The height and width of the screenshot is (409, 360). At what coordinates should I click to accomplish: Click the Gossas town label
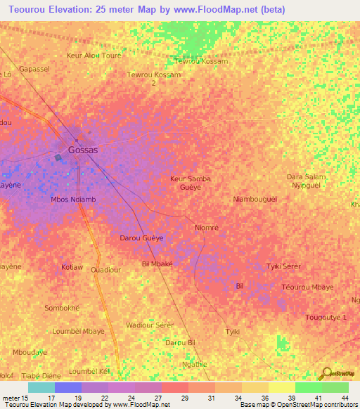tap(83, 150)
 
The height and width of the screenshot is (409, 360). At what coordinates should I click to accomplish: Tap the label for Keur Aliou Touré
tap(94, 55)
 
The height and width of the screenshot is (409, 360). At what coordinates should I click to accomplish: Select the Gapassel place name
tap(34, 69)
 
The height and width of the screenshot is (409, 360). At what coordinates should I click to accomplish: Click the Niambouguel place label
tap(255, 200)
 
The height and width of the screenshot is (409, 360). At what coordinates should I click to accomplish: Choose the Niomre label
tap(206, 228)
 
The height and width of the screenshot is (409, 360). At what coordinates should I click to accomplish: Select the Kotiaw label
tap(72, 268)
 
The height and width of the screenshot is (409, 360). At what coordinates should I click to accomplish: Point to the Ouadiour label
tap(106, 270)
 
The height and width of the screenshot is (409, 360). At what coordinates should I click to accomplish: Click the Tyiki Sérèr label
tap(283, 266)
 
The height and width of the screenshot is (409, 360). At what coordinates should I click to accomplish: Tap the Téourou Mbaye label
tap(307, 287)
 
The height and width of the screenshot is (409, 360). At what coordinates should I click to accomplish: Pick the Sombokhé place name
tap(62, 308)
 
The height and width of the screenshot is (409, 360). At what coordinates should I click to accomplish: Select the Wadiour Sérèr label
tap(150, 325)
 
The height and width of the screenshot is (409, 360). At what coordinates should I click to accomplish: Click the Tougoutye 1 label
tap(326, 318)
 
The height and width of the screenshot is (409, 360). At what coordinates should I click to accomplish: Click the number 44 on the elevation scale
tap(344, 397)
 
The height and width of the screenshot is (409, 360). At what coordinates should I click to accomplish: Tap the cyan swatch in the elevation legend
tap(41, 387)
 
